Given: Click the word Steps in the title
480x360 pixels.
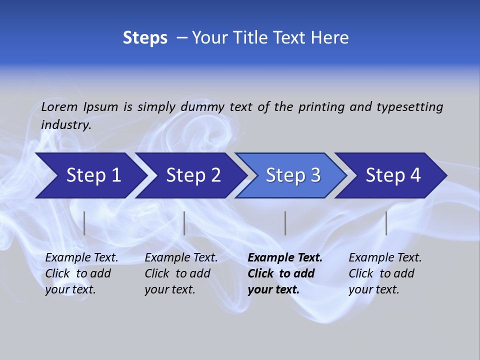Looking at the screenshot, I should click(145, 38).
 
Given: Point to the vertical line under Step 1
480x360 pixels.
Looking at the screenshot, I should click(84, 223).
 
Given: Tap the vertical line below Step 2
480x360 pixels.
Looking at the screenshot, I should click(184, 223).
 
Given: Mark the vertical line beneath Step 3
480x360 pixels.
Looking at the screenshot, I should click(285, 223).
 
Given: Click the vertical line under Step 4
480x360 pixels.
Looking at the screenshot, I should click(386, 223).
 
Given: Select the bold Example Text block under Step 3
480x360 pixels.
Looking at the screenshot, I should click(285, 273).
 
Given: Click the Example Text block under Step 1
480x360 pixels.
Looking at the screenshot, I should click(81, 273).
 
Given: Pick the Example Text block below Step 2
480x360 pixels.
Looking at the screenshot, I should click(181, 273).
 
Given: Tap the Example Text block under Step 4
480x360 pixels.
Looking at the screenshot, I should click(385, 273).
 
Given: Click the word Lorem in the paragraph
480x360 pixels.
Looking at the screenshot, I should click(59, 106).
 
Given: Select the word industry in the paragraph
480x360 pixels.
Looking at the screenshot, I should click(66, 125).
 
